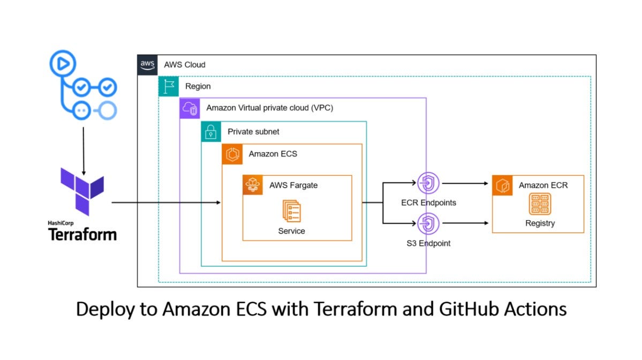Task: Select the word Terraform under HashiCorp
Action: [82, 235]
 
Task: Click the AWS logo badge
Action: [147, 64]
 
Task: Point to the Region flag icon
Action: [169, 86]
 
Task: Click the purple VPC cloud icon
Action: [190, 108]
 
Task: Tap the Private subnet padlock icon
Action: [211, 131]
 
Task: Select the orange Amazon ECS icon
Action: [232, 154]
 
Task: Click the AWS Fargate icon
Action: [253, 185]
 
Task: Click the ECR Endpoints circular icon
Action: [428, 183]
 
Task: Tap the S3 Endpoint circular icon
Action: [428, 223]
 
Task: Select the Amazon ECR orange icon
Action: [502, 185]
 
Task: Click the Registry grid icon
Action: [539, 204]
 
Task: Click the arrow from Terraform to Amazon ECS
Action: [166, 202]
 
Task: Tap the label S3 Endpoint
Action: [428, 243]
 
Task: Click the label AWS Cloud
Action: [184, 65]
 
